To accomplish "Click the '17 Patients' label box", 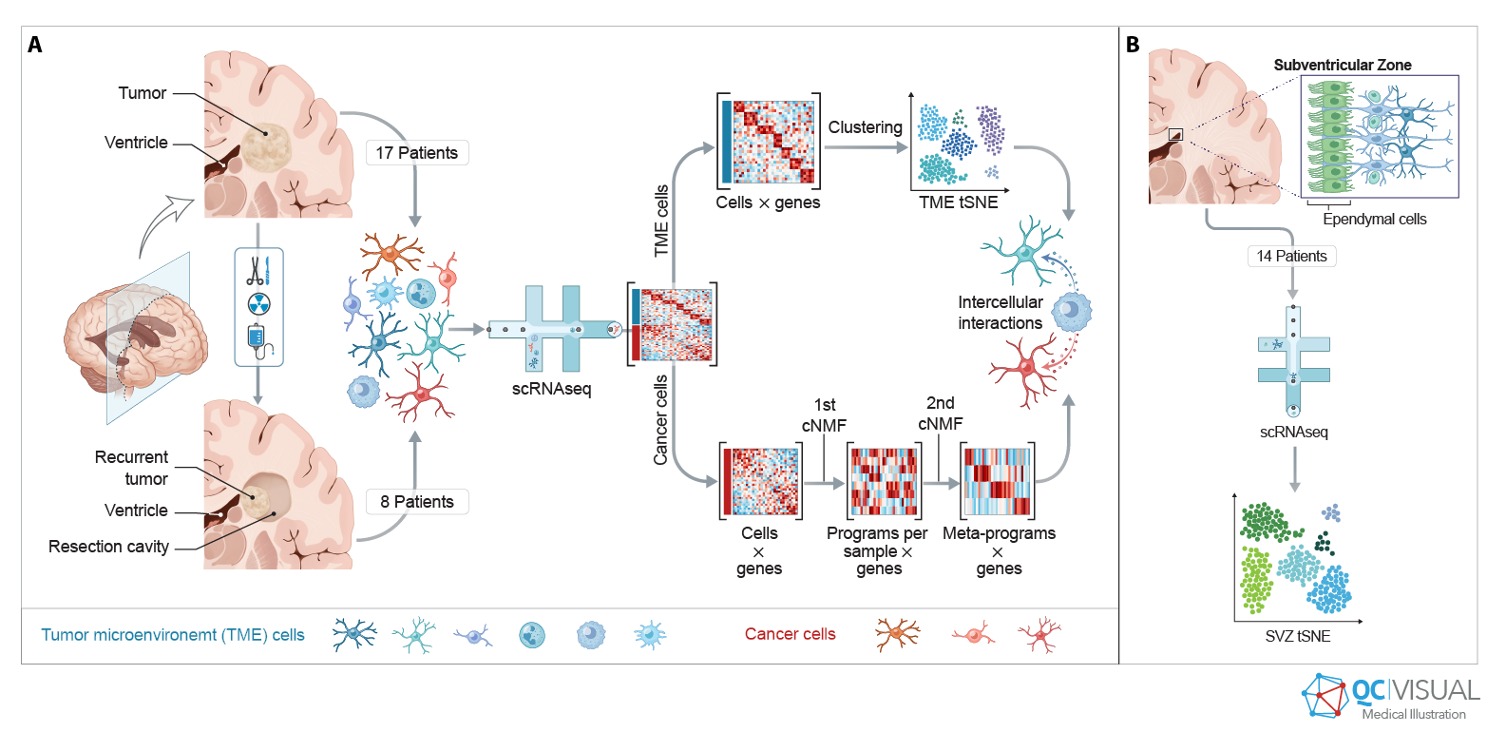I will [x=416, y=153].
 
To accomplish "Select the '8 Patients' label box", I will [x=416, y=502].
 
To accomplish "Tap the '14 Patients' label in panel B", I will [x=1291, y=256].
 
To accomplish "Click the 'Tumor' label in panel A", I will [x=143, y=93].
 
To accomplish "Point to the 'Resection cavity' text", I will [x=108, y=547].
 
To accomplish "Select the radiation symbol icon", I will [x=258, y=304].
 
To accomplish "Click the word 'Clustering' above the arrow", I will [x=865, y=127].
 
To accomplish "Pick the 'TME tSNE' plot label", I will [x=958, y=202].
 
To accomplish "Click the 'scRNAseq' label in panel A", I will [x=551, y=389].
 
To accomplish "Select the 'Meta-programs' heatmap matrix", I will [x=997, y=481].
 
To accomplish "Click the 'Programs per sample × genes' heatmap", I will [x=883, y=481].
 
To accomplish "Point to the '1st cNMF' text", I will [x=824, y=415].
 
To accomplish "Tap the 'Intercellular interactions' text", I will [x=1000, y=313].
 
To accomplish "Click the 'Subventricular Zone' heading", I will [x=1342, y=65].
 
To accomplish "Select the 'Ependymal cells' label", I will [x=1374, y=219].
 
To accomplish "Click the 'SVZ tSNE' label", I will [x=1297, y=636].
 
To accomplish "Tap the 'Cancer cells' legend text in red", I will [x=790, y=634].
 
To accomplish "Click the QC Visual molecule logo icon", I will [x=1325, y=696].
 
